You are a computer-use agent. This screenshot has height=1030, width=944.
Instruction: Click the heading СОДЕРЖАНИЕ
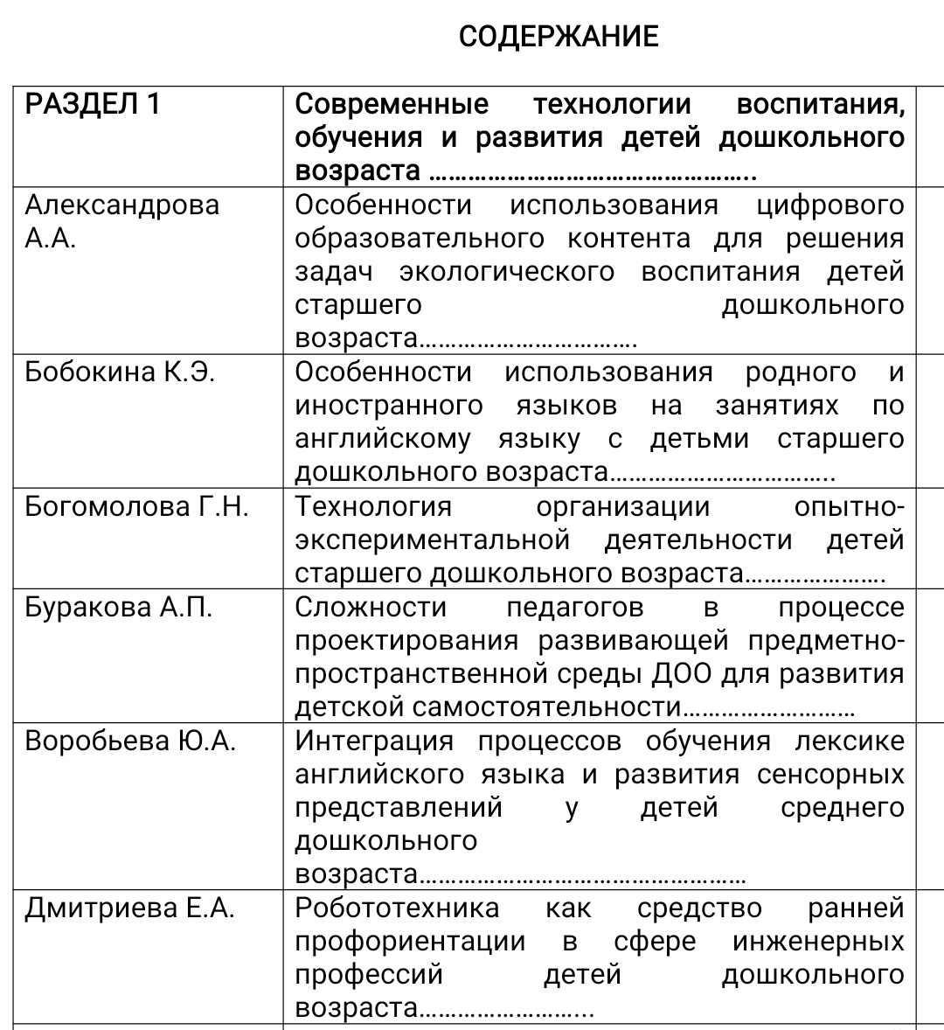click(558, 37)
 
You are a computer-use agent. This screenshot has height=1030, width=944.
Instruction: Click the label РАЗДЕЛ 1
click(93, 105)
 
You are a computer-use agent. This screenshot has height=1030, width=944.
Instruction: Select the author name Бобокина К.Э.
click(120, 372)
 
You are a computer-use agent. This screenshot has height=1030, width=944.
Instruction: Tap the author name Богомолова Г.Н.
click(136, 507)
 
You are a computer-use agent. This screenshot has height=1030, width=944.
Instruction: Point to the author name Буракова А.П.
click(119, 608)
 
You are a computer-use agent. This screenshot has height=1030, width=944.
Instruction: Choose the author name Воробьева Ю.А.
click(131, 741)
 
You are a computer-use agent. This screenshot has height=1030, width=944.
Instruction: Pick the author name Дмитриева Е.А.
click(130, 908)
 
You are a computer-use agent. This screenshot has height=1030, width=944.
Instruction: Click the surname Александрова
click(121, 205)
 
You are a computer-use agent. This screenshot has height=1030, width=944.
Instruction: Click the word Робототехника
click(397, 908)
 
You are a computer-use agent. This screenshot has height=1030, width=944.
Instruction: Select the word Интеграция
click(374, 741)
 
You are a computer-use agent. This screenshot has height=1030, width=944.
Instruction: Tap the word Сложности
click(371, 608)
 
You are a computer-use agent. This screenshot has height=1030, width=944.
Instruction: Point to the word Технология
click(373, 507)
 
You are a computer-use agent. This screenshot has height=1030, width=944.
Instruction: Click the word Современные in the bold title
click(392, 105)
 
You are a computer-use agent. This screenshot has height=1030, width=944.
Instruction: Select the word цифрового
click(830, 205)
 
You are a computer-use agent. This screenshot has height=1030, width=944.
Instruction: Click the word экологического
click(507, 272)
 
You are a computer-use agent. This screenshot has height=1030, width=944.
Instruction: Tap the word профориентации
click(410, 942)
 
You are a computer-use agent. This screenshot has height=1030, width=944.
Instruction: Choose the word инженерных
click(818, 942)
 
